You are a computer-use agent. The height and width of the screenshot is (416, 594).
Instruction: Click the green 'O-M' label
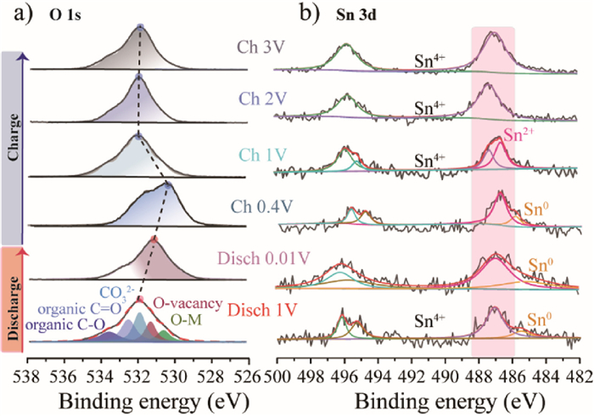pyautogui.click(x=187, y=318)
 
